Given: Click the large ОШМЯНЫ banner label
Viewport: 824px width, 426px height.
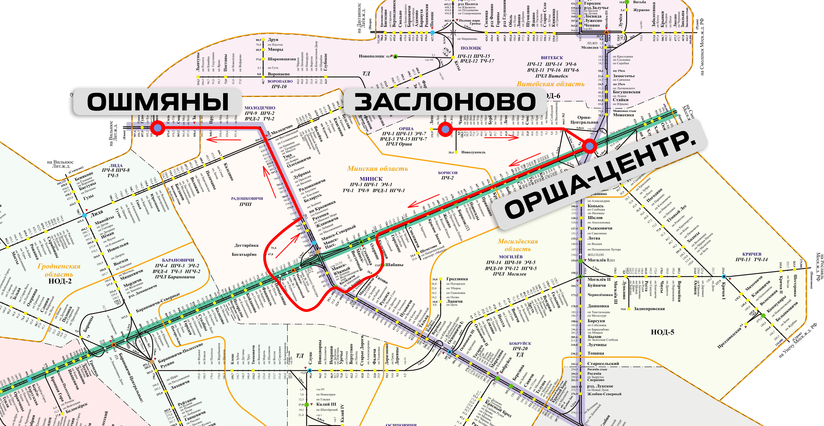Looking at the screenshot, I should tap(158, 102).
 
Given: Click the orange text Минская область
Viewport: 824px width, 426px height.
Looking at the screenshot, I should tap(377, 168).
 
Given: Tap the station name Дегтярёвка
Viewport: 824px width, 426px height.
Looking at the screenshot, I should tap(246, 246).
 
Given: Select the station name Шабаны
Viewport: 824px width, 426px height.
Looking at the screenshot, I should tap(394, 265).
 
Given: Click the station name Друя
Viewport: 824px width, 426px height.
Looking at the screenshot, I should tap(273, 40).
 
